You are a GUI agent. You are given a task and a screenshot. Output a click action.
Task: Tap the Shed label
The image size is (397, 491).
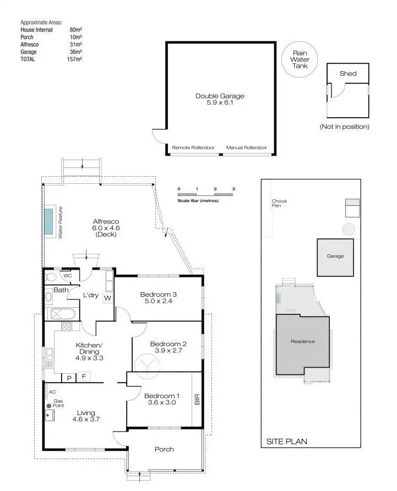(347, 73)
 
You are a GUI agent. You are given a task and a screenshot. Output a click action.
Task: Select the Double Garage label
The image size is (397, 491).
(220, 96)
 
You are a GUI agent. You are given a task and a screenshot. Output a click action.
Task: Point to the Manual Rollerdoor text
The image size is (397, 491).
(246, 148)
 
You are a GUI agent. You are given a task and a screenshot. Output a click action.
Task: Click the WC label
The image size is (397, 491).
(67, 276)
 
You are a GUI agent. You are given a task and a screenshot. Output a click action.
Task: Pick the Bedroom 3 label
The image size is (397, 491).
(158, 293)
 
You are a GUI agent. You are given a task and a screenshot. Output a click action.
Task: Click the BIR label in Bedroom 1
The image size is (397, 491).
(197, 400)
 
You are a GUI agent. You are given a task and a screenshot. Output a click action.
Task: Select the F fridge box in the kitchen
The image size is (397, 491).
(84, 377)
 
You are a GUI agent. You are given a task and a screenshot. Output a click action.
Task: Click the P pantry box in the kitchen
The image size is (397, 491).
(69, 377)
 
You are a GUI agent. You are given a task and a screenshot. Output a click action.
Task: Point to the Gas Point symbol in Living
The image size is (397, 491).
(49, 406)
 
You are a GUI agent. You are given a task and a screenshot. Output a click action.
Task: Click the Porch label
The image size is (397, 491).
(164, 449)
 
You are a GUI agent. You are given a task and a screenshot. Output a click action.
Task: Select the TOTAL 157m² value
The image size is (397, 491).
(75, 58)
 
